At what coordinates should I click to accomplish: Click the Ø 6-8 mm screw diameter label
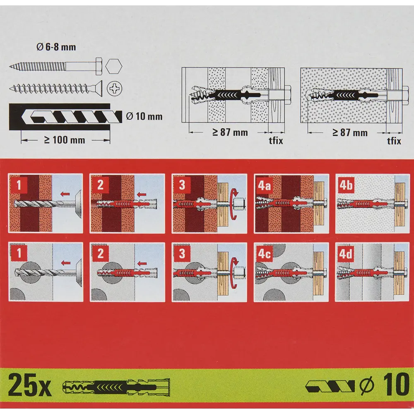pos(56,47)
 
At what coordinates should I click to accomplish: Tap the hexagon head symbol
pos(114,66)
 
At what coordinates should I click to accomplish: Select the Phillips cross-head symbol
pos(114,88)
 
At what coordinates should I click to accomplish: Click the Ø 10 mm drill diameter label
pos(144,116)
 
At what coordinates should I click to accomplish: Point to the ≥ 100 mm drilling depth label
pos(65,140)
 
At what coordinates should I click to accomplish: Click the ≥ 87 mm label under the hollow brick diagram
pos(230,132)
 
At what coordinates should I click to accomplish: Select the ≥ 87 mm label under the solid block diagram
pos(349,132)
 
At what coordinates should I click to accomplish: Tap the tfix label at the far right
pos(394,141)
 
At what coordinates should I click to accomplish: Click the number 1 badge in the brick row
pos(19,185)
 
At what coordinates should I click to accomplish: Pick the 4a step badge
pos(264,185)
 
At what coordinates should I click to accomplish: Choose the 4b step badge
pos(346,185)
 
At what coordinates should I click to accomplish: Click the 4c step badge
pos(264,254)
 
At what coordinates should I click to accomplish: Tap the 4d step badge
pos(346,254)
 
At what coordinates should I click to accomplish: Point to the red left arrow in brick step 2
pos(142,195)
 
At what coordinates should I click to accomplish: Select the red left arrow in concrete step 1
pos(65,262)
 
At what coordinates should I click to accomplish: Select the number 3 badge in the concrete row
pos(182,253)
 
